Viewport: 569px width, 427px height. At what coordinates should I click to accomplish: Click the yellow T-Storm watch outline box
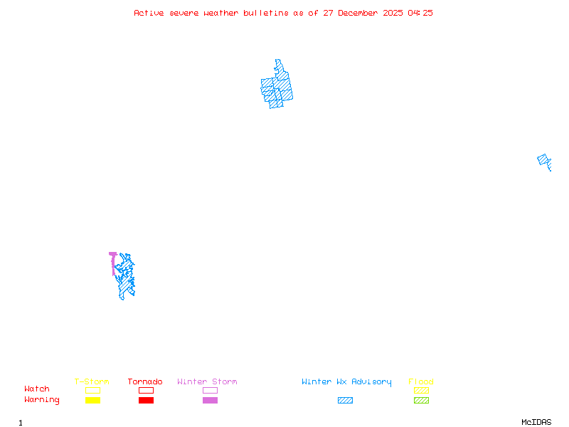(x=92, y=390)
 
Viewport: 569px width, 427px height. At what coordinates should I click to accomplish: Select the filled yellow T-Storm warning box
(x=92, y=400)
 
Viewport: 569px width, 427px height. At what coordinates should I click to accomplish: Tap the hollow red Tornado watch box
(x=146, y=390)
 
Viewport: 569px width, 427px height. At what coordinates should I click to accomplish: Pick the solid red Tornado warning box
(x=146, y=400)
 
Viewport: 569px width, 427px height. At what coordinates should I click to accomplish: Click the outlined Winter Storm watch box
(x=210, y=390)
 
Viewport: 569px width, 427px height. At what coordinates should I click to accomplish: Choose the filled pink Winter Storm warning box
(x=210, y=400)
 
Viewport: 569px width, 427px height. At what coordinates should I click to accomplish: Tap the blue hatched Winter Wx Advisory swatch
(x=345, y=400)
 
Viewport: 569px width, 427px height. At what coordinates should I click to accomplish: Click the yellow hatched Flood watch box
(x=421, y=390)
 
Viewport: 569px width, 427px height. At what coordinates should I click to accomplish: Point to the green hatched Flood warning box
(x=421, y=400)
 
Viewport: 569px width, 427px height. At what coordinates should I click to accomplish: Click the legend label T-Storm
(x=92, y=381)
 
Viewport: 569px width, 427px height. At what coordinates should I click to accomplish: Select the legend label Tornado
(x=145, y=381)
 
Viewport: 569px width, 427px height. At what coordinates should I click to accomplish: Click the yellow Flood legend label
(x=421, y=381)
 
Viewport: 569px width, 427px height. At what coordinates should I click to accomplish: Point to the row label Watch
(x=37, y=389)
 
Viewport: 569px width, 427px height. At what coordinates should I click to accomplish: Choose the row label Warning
(x=42, y=400)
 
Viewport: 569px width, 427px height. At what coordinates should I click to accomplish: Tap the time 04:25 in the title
(x=420, y=13)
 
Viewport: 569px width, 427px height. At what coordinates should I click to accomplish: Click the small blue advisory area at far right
(x=545, y=162)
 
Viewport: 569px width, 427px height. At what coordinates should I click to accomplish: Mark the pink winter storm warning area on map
(x=112, y=261)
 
